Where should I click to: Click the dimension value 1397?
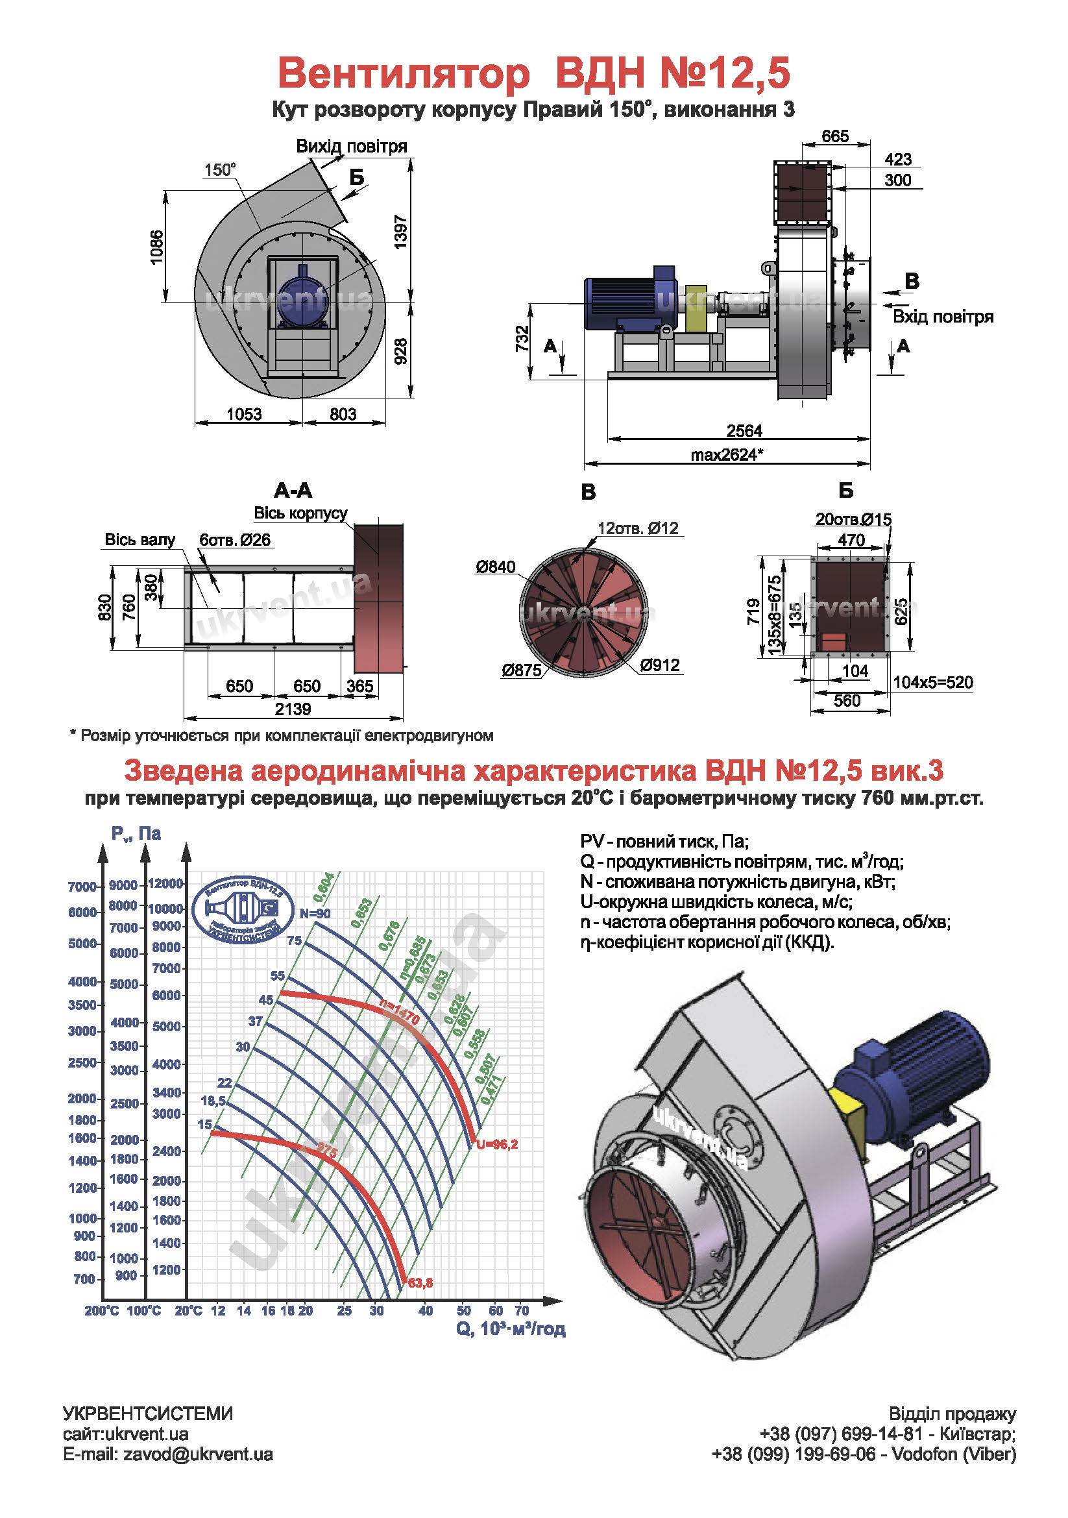[x=400, y=232]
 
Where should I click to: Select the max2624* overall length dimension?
[x=727, y=455]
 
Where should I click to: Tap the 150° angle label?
[x=219, y=170]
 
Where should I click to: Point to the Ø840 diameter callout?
[x=495, y=567]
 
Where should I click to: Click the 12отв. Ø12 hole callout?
[x=638, y=528]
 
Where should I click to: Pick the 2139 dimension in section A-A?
[x=293, y=709]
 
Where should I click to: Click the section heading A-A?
[x=293, y=491]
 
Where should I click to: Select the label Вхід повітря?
[x=943, y=317]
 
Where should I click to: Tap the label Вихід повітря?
[x=351, y=146]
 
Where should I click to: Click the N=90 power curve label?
[x=315, y=914]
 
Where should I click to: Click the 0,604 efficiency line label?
[x=324, y=887]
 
